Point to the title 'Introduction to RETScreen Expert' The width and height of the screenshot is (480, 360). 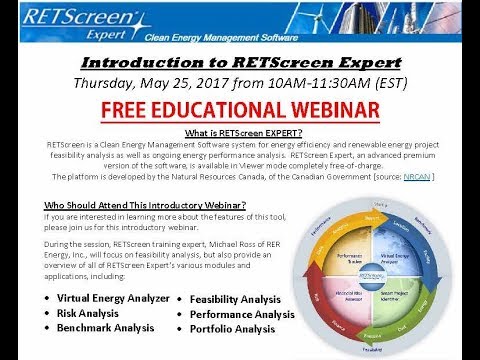(x=240, y=60)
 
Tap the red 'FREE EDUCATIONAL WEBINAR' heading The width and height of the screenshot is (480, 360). (x=240, y=107)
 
